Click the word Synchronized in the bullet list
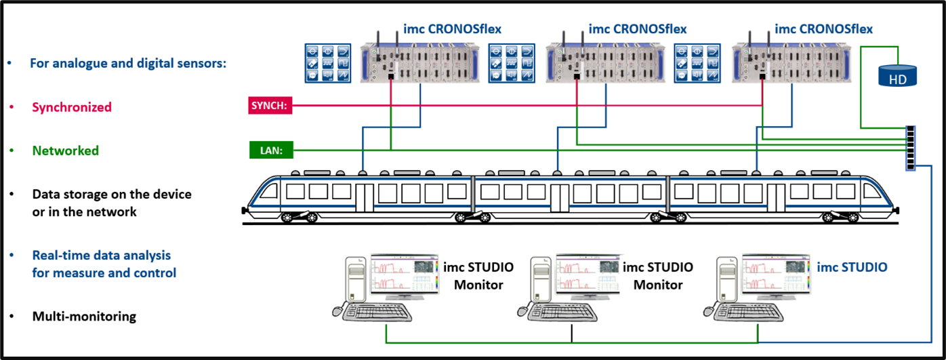click(72, 107)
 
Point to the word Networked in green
click(66, 151)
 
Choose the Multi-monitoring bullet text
click(84, 316)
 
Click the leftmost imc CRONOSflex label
click(453, 28)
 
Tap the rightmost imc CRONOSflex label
click(823, 28)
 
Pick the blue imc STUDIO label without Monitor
click(852, 266)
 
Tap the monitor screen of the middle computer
click(588, 275)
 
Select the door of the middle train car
click(559, 197)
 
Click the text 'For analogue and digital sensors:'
click(127, 63)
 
